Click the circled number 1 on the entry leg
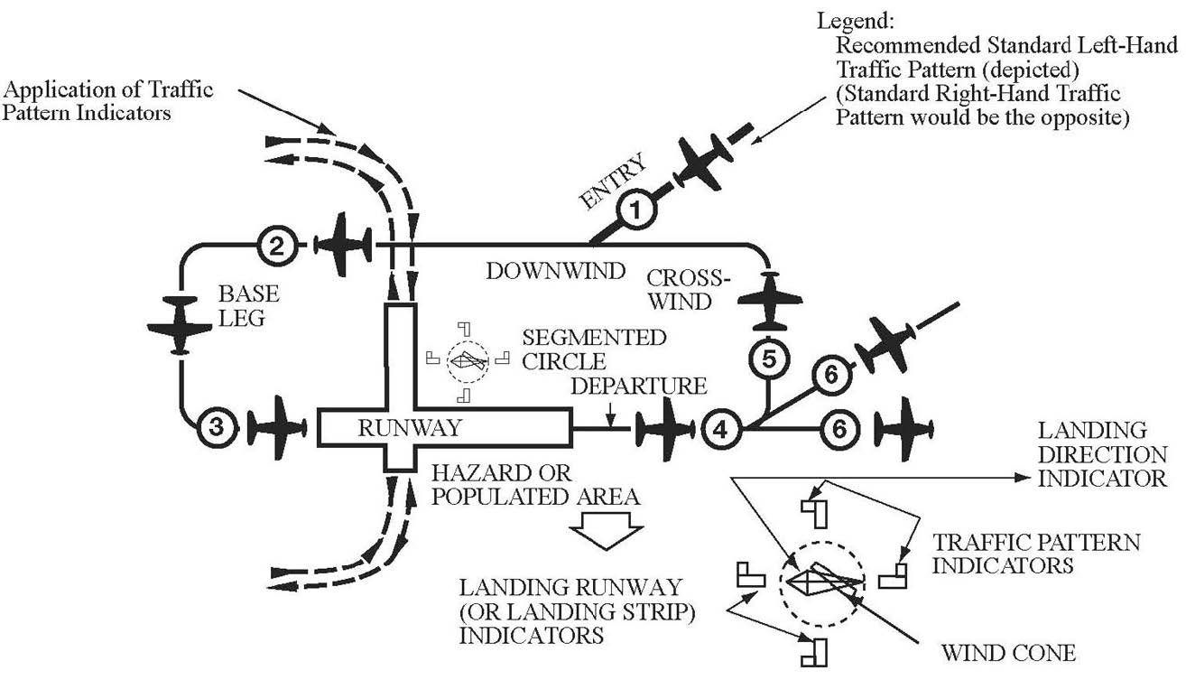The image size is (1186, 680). (x=636, y=211)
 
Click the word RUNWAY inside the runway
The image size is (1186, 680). (x=409, y=428)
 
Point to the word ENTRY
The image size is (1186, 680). (x=615, y=182)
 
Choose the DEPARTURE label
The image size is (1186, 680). (x=637, y=387)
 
